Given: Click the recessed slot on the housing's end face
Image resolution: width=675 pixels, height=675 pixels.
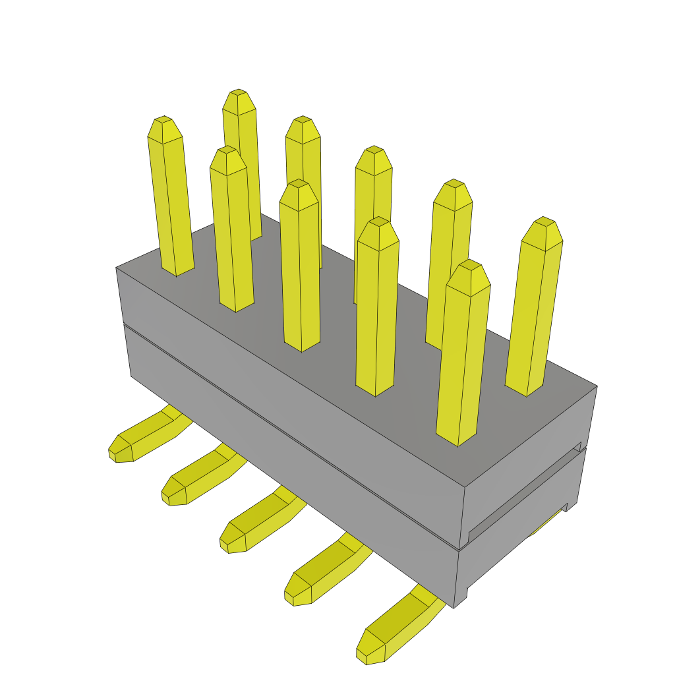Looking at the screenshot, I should coord(524,491).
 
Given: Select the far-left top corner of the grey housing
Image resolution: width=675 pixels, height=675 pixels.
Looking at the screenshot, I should coord(117,268).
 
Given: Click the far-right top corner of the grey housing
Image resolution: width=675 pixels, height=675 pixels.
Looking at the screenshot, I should coord(597,386).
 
